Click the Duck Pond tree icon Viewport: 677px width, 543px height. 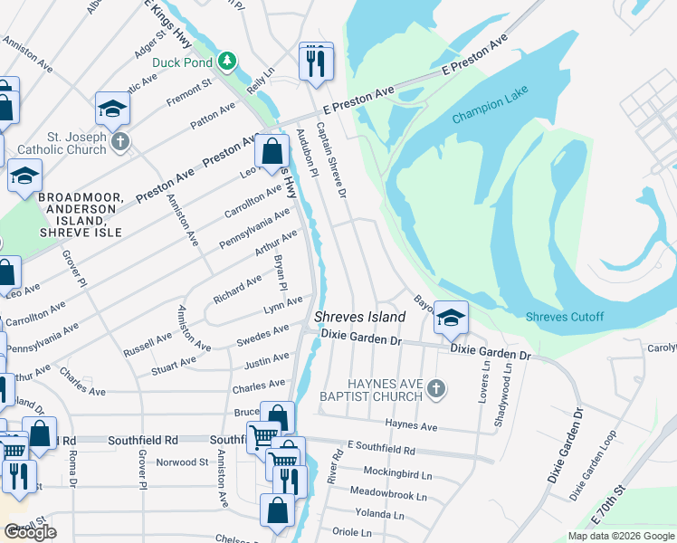[x=229, y=62]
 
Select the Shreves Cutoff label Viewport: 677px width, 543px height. [x=565, y=316]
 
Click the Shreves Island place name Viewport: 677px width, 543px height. [x=359, y=317]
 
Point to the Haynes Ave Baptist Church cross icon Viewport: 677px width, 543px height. [x=436, y=388]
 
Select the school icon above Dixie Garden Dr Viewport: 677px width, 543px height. [x=451, y=318]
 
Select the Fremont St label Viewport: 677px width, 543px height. [x=189, y=89]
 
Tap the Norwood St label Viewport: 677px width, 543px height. [x=182, y=462]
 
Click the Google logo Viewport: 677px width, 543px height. [x=30, y=532]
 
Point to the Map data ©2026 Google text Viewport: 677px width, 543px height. [x=620, y=536]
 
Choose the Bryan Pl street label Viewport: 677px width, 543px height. [x=281, y=272]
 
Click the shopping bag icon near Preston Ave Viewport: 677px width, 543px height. [x=272, y=152]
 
